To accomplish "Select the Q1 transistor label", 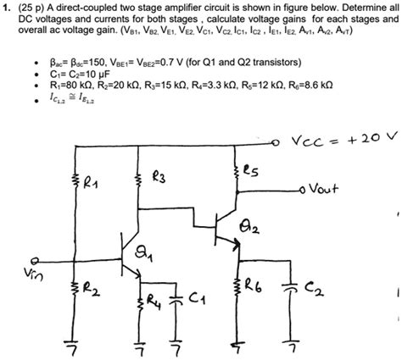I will [x=146, y=252].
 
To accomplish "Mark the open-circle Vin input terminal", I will [x=35, y=262].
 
